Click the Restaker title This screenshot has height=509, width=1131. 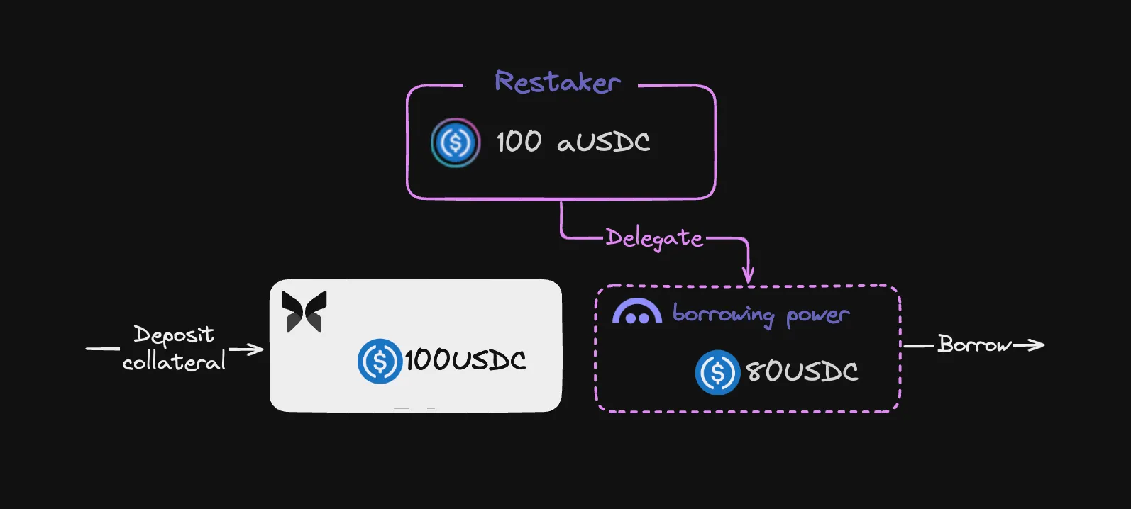(558, 82)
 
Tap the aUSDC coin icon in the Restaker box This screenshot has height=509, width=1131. (455, 142)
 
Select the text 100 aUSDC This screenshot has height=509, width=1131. (573, 141)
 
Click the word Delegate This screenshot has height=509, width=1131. (654, 237)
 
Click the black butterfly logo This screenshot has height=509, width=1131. (304, 311)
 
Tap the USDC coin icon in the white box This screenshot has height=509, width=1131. (380, 361)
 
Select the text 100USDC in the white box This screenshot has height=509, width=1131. (465, 360)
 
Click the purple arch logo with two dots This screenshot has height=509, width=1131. (636, 311)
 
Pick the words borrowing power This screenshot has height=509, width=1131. (761, 315)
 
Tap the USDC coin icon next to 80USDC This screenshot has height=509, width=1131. (717, 371)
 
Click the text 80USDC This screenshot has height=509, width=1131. (802, 371)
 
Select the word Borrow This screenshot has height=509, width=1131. (974, 345)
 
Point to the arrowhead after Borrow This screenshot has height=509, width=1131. (1037, 345)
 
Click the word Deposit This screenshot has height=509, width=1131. (174, 335)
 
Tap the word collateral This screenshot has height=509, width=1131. (174, 362)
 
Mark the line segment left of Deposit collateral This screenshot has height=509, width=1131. (103, 348)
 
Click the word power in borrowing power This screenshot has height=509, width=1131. (818, 316)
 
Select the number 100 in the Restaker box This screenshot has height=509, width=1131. (519, 141)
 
